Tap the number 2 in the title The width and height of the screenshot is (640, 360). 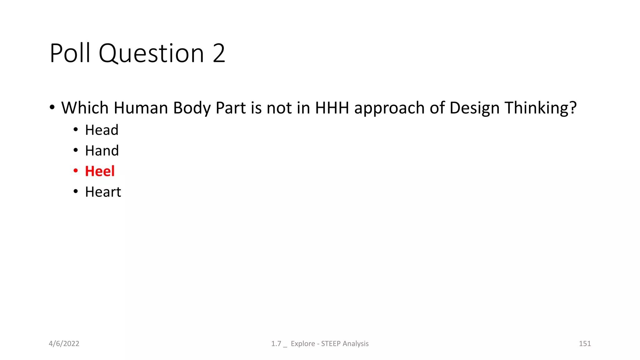pos(219,53)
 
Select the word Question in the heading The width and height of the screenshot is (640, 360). pos(151,53)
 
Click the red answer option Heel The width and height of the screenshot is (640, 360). pos(100,171)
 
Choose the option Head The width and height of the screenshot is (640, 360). pos(102,130)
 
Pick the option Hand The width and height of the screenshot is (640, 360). pos(102,151)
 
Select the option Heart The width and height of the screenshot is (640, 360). pos(103,192)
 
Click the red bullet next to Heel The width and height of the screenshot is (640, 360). pos(76,171)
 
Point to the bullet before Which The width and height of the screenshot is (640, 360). pos(52,107)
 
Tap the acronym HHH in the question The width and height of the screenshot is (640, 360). pos(332,108)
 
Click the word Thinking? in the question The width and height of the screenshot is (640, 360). pos(541,108)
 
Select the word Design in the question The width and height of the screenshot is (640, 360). pos(474,108)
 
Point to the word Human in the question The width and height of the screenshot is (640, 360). pos(141,108)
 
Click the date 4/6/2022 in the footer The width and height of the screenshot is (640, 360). pos(64,344)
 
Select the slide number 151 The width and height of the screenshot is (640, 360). pos(585,344)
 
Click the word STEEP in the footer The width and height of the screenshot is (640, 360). pos(331,344)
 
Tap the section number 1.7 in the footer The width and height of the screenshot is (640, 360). pos(276,344)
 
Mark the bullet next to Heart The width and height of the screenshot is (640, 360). pos(76,191)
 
